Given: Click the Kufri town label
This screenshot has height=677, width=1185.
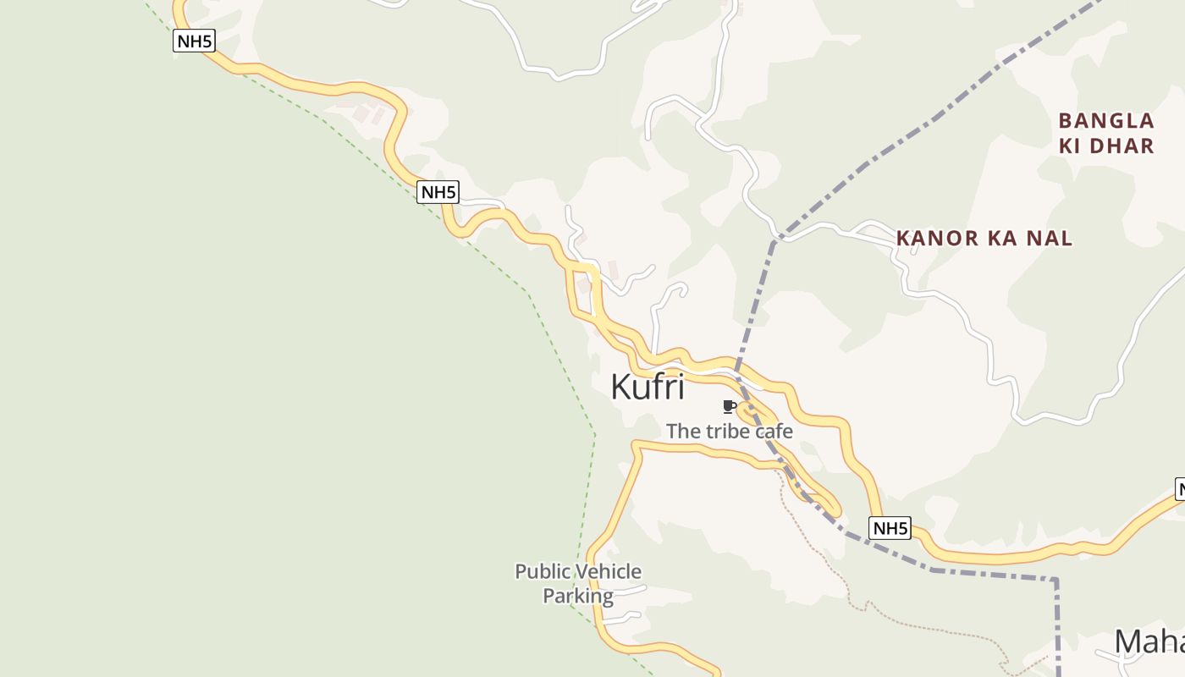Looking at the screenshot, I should coord(647,387).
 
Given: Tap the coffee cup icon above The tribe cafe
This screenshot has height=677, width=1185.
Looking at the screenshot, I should coord(729,407).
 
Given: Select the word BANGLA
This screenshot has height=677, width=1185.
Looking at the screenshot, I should coord(1106,121).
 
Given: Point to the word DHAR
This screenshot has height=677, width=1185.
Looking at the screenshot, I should coord(1122,146).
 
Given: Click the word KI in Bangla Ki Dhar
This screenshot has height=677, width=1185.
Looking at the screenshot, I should coord(1070,146).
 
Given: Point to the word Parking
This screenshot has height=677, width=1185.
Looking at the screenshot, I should coord(578,596).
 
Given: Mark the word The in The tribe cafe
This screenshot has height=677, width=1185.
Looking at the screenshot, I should coord(684,432).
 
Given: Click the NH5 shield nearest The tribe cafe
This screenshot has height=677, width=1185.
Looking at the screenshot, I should coord(890,529).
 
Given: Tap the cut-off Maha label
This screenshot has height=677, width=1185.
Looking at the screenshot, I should coord(1149,641).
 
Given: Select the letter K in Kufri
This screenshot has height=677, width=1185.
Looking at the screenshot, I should coord(620,387).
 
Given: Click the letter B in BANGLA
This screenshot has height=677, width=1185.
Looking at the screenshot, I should coord(1066,121).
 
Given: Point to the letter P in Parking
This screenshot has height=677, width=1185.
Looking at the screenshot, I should coord(548,596).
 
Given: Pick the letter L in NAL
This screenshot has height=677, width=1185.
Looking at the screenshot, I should coord(1066,239).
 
